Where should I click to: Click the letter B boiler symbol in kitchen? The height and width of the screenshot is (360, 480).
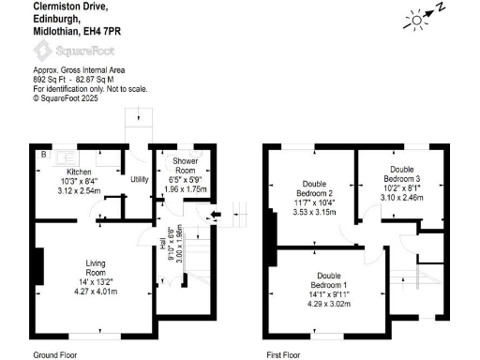point(42,153)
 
